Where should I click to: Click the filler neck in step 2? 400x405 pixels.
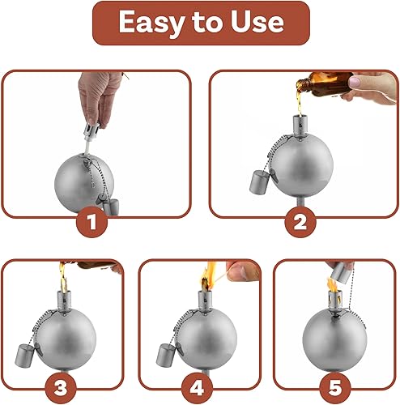300,129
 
